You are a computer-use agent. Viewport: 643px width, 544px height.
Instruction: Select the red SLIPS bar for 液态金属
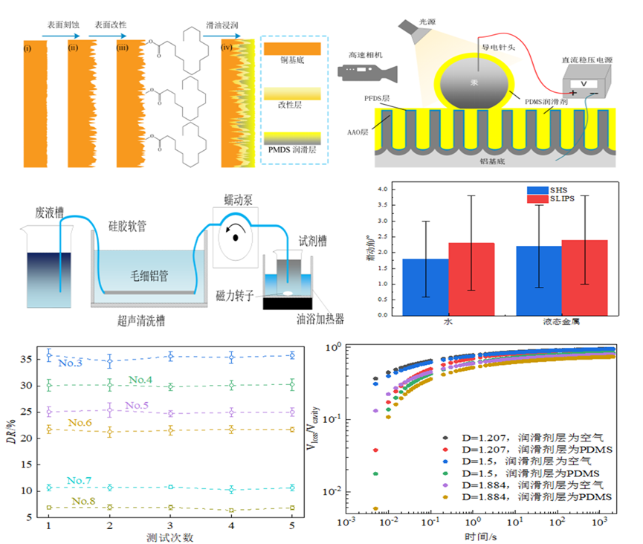[x=584, y=277]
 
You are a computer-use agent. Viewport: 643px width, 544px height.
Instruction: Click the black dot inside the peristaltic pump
[x=236, y=239]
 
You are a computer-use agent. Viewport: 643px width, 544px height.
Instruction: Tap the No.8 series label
[x=83, y=501]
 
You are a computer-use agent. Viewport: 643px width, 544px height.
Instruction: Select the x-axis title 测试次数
[x=171, y=536]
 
